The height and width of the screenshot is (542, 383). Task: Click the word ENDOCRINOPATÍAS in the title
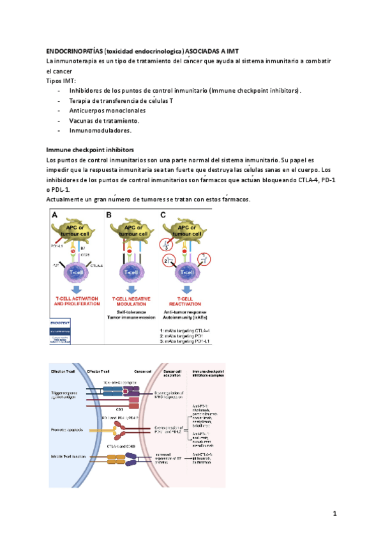(x=71, y=50)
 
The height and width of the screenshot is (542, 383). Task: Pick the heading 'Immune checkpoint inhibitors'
(x=89, y=150)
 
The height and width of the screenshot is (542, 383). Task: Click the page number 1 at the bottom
(x=333, y=513)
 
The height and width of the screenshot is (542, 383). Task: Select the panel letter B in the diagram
(x=109, y=215)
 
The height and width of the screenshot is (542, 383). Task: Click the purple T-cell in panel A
(x=76, y=272)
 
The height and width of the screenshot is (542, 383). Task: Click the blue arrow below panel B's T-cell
(x=131, y=288)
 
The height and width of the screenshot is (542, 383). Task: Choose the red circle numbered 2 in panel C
(x=167, y=261)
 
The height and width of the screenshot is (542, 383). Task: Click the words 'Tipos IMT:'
(x=61, y=81)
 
